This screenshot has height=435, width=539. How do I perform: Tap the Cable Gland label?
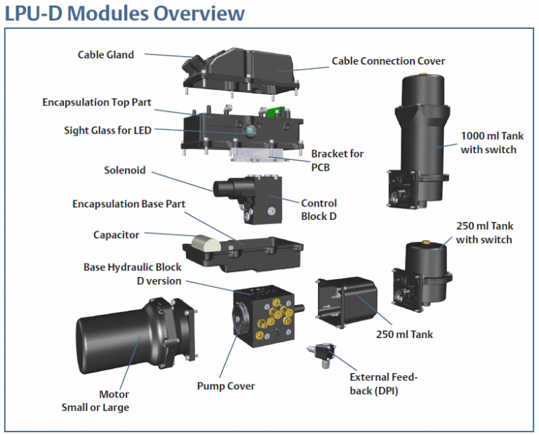(106, 54)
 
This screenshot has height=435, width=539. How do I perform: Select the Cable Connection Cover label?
(388, 61)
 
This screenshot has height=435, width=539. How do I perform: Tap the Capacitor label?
(117, 235)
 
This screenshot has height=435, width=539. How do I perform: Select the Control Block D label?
(319, 209)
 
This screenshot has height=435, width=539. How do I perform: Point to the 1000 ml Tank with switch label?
(488, 143)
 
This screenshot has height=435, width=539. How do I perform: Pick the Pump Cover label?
(226, 386)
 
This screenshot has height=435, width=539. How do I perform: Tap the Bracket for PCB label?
(338, 160)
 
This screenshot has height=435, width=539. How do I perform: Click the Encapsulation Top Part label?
(97, 103)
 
